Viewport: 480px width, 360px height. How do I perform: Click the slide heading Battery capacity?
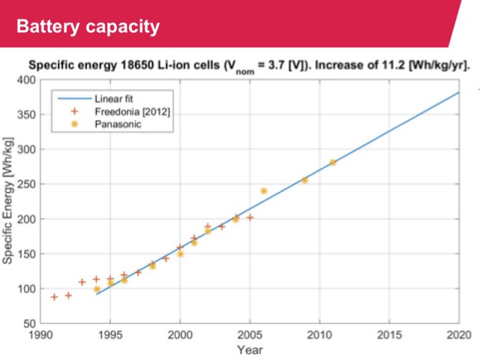coord(88,27)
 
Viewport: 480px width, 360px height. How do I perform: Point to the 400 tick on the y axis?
coord(26,80)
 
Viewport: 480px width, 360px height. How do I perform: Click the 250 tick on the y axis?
coord(26,184)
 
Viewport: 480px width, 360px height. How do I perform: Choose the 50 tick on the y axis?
coord(30,323)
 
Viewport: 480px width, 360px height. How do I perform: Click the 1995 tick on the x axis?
coord(110,334)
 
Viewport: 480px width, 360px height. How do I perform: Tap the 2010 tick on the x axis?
coord(319,334)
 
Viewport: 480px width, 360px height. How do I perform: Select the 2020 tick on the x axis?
coord(459,334)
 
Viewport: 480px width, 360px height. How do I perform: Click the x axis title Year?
coord(250,349)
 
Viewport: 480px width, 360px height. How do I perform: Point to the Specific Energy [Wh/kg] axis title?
coord(7,201)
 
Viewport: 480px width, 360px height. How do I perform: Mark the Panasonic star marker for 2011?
coord(333,163)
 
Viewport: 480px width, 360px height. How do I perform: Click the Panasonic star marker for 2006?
coord(263,191)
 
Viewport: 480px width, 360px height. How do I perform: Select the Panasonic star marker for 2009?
coord(304,180)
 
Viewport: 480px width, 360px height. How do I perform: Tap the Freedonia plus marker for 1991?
coord(54,297)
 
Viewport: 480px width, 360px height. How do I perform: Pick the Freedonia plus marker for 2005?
coord(250,217)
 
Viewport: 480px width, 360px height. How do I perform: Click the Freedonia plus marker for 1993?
coord(82,282)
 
